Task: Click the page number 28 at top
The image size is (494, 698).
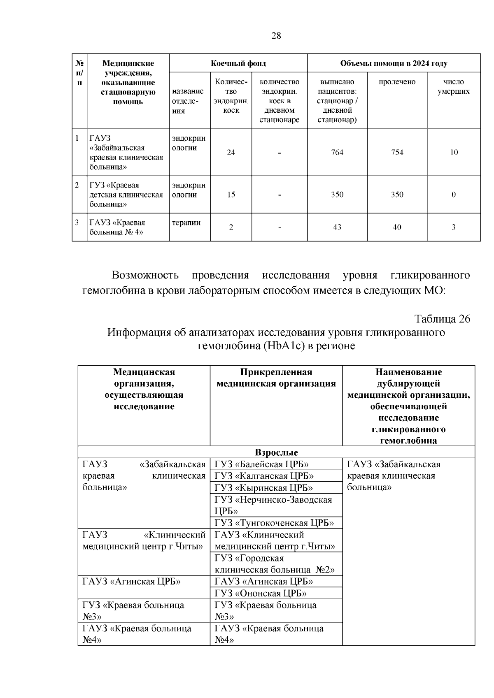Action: [276, 36]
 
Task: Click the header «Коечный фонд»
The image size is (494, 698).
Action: [238, 63]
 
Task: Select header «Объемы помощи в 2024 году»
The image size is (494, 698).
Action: [394, 63]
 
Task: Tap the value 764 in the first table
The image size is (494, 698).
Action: [337, 153]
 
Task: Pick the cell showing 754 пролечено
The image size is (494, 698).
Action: [397, 153]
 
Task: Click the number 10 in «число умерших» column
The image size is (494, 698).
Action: [454, 153]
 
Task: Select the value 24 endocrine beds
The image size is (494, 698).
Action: [231, 153]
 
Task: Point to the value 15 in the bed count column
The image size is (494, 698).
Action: [231, 195]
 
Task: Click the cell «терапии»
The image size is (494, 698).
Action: [186, 223]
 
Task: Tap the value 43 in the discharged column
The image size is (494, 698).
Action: [337, 227]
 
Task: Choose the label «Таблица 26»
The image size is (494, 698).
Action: [442, 319]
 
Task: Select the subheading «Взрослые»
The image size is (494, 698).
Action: [276, 452]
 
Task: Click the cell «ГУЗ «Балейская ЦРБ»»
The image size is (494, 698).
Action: [262, 464]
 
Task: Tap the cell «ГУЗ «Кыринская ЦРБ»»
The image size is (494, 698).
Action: [264, 488]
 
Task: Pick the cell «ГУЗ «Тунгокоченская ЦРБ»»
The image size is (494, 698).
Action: [274, 523]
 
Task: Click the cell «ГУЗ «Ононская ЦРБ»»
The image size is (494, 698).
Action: [261, 593]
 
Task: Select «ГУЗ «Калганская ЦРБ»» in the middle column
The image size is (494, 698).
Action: [264, 476]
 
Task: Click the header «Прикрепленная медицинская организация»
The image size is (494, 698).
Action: [276, 378]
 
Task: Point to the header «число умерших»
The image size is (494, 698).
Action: [453, 87]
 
